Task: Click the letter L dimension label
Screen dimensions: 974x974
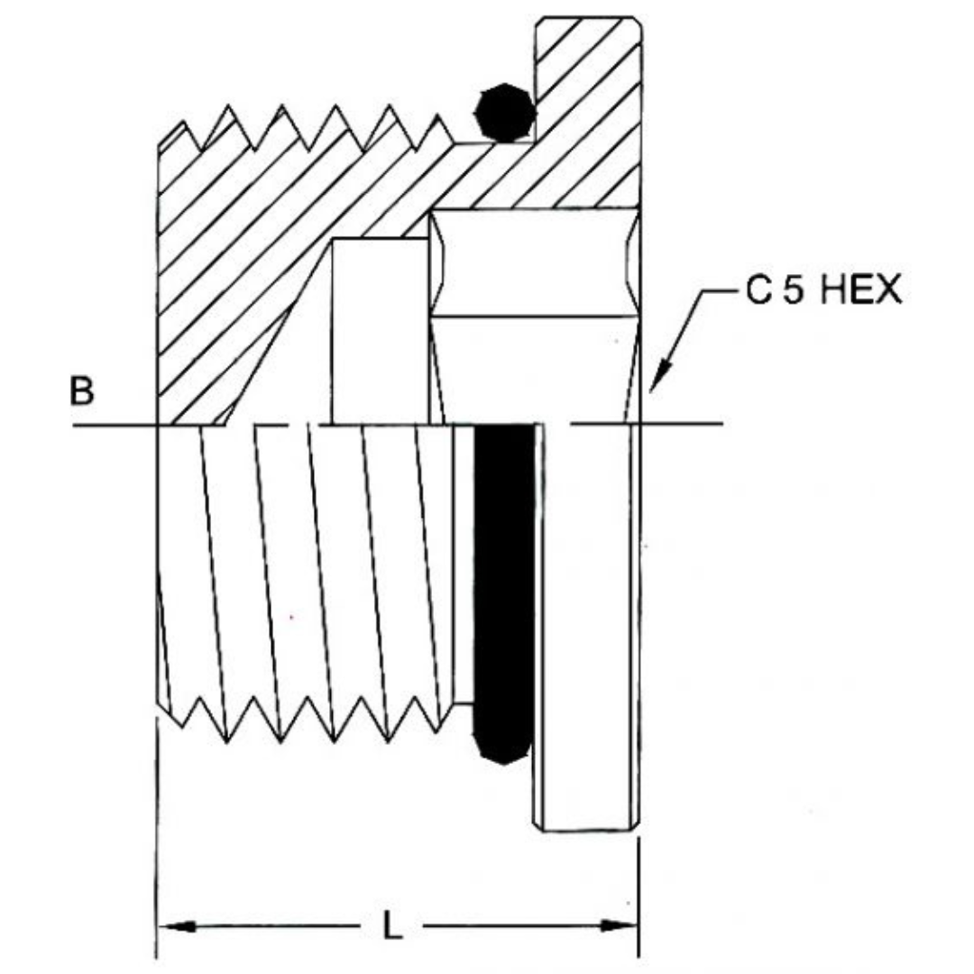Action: (x=391, y=926)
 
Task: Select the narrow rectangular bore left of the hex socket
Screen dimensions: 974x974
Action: (x=379, y=329)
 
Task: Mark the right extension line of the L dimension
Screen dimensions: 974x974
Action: (x=639, y=893)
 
